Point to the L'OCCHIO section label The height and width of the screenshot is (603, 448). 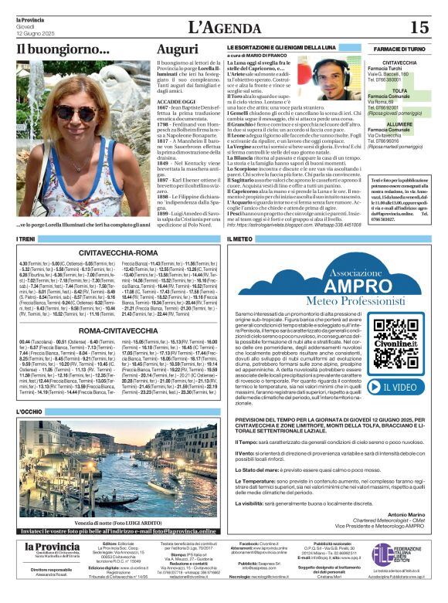[x=29, y=412]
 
